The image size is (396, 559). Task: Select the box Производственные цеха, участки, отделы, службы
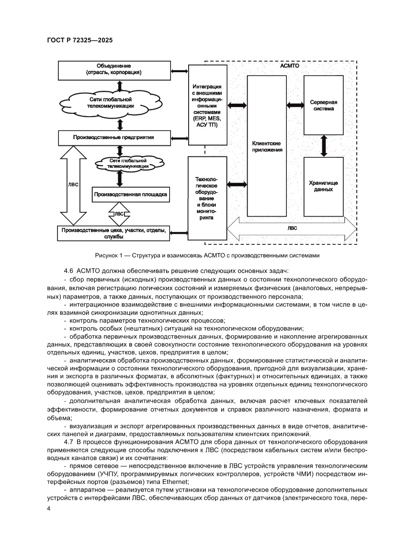tap(113, 233)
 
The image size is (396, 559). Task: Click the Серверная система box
tap(324, 105)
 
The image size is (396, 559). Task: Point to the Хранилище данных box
tap(324, 186)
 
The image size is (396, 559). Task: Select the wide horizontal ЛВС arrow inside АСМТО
tap(292, 229)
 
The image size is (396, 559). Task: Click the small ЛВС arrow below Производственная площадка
tap(119, 214)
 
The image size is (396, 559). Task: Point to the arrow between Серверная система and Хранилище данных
tap(324, 145)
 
